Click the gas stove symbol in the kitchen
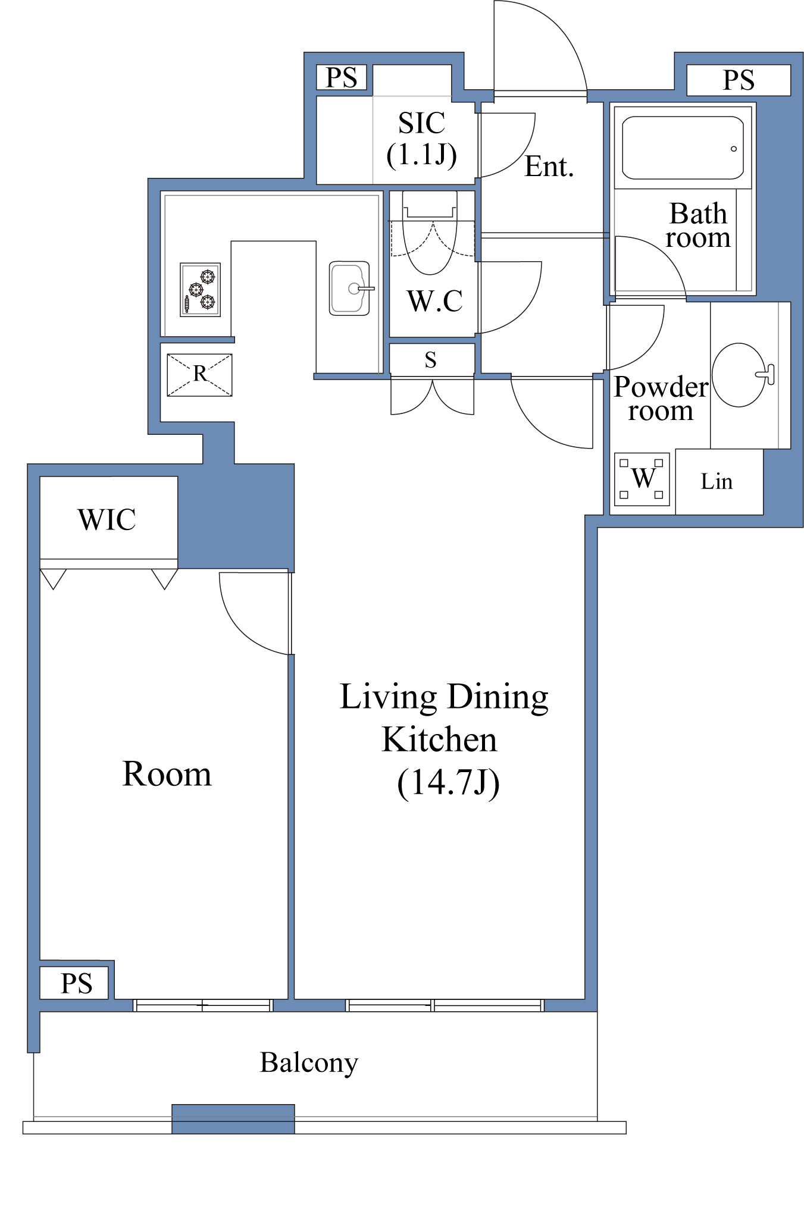[x=201, y=290]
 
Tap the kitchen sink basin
[x=349, y=288]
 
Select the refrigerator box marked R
[x=199, y=375]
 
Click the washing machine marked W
[x=642, y=479]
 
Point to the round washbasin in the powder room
[x=739, y=375]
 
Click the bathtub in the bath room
[x=683, y=148]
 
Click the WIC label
[x=107, y=519]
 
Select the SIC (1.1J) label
[x=422, y=139]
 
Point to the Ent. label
[x=549, y=167]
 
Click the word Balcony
[x=309, y=1063]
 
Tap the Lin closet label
[x=717, y=481]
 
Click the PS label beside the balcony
[x=77, y=983]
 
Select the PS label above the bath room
[x=739, y=80]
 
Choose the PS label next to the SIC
[x=342, y=77]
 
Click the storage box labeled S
[x=431, y=359]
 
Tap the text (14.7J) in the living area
[x=448, y=783]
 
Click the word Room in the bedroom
[x=167, y=774]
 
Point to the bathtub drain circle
[x=734, y=149]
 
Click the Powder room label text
[x=661, y=399]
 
